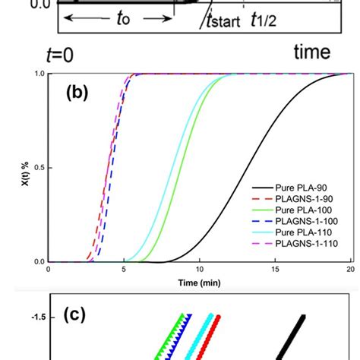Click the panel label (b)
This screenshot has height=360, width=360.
79,93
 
